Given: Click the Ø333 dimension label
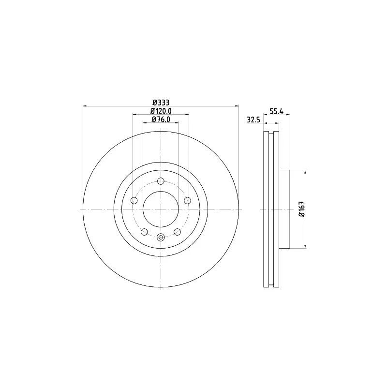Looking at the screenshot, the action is (x=161, y=102).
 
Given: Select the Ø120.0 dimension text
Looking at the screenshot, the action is (x=161, y=111).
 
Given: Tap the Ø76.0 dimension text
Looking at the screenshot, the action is (x=161, y=119).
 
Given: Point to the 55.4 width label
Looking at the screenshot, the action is (x=276, y=112).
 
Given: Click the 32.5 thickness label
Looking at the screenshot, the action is (x=253, y=120).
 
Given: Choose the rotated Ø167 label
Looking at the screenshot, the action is (x=302, y=209).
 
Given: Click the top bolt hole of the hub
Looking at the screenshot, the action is (x=161, y=181).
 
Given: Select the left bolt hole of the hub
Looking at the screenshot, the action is (x=134, y=200).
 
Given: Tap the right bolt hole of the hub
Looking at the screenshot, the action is (x=188, y=200).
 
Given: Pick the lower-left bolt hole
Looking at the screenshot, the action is (x=144, y=232).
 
